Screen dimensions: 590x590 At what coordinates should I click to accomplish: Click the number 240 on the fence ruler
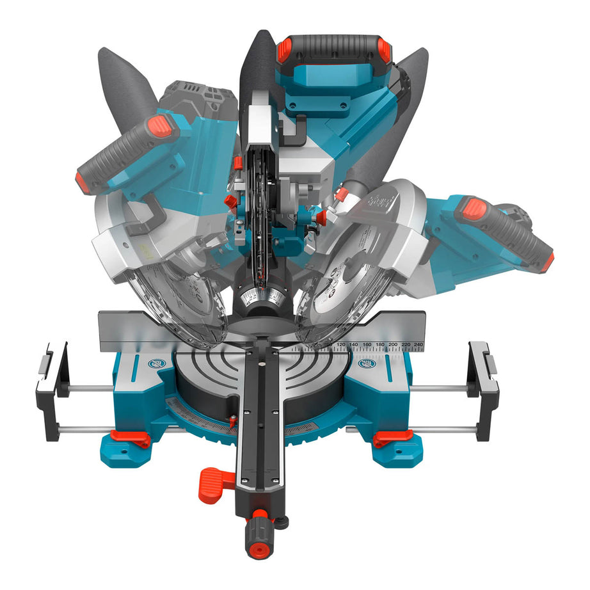pos(419,345)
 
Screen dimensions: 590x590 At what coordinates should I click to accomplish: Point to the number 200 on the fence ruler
pos(393,345)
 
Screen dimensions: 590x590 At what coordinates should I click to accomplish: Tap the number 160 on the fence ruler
pos(367,345)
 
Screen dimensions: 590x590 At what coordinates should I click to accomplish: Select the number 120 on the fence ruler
pos(341,345)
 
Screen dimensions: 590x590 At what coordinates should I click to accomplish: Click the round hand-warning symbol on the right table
pos(367,364)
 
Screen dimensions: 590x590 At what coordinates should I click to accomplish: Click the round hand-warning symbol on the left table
pos(156,363)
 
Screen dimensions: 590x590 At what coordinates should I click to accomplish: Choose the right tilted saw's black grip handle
pos(506,230)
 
